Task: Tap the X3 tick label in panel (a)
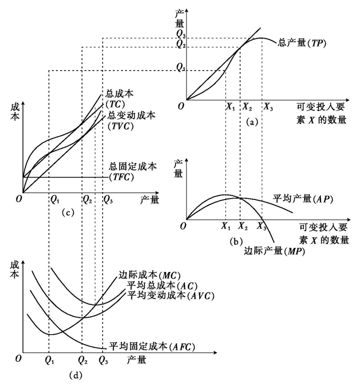click(x=268, y=107)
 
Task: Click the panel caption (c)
click(x=68, y=212)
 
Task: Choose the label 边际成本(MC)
click(x=142, y=274)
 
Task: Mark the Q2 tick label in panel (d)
click(x=83, y=358)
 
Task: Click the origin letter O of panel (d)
click(x=18, y=358)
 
